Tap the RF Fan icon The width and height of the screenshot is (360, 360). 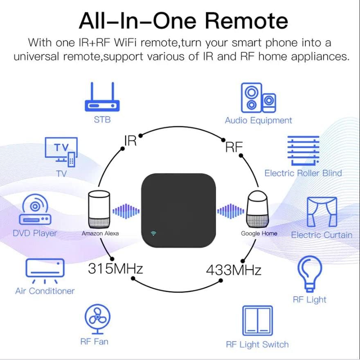(97, 318)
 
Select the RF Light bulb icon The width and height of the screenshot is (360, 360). (310, 273)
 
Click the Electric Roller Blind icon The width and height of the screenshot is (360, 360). (303, 150)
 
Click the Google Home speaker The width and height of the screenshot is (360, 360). (259, 210)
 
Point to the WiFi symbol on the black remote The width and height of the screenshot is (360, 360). (153, 234)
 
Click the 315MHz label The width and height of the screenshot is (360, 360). (115, 269)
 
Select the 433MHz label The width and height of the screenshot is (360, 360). (233, 270)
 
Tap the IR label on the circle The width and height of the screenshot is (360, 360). (130, 141)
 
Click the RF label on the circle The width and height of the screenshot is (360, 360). (234, 147)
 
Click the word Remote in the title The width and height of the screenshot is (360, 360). (247, 21)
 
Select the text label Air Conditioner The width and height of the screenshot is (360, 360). (45, 291)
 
